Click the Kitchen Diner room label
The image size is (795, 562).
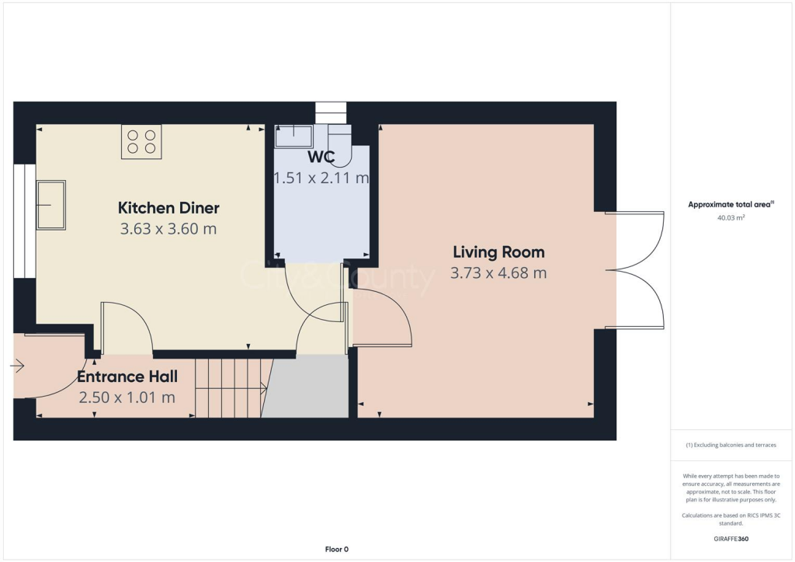(x=168, y=208)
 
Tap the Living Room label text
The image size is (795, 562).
(x=498, y=252)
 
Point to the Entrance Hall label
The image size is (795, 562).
(x=127, y=377)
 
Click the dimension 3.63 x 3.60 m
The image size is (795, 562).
(x=168, y=229)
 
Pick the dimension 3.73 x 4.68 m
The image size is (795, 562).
(x=498, y=273)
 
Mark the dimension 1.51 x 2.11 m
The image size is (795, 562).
(x=321, y=179)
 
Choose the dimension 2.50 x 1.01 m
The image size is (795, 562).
(x=127, y=397)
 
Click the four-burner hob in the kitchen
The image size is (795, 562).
(x=141, y=141)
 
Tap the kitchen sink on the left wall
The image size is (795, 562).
(x=51, y=205)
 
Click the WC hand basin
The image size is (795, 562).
(x=294, y=137)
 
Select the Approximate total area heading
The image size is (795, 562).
(x=730, y=205)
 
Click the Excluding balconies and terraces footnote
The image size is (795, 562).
(x=732, y=445)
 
